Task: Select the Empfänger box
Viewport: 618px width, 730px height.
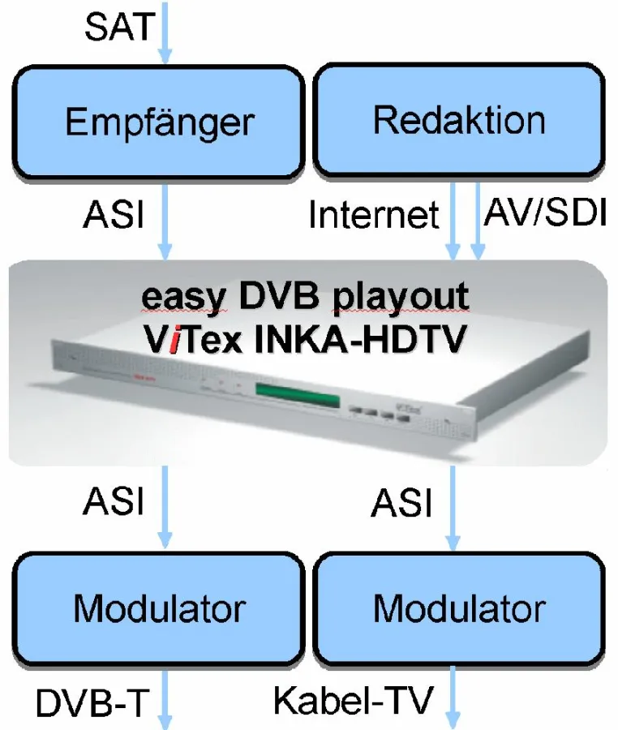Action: (160, 122)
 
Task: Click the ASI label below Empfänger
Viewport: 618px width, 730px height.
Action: (114, 217)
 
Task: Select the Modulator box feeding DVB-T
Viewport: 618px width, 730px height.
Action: (159, 608)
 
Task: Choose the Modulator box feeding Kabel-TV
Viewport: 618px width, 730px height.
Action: (459, 608)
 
